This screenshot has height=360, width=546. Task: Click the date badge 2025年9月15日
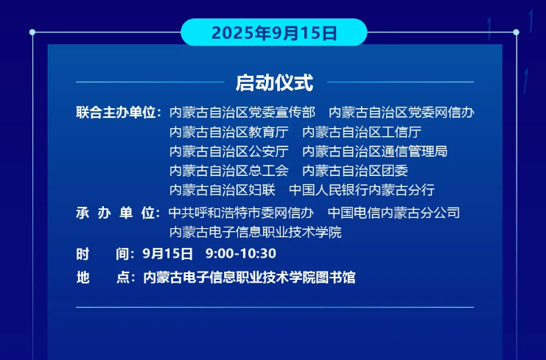coord(274,32)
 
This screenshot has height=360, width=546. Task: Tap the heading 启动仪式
coord(274,82)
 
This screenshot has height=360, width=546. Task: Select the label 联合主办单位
coord(116,113)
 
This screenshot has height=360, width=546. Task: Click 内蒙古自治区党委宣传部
coord(242,113)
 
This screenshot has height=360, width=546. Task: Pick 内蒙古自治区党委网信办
coord(402,113)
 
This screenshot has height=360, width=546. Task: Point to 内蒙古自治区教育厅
coord(229,133)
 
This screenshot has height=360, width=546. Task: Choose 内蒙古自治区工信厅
coord(362,133)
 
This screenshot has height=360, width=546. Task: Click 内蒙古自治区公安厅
coord(229,152)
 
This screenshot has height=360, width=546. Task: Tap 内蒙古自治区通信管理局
coord(375,152)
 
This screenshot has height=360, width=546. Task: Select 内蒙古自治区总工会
coord(229,171)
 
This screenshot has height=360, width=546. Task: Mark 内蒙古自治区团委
coord(355,171)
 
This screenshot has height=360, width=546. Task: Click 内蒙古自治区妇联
coord(223,190)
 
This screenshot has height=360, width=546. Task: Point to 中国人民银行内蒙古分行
coord(362,190)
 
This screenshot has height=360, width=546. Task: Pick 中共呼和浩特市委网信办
coord(241,213)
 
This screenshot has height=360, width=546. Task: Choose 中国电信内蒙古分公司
coord(393,213)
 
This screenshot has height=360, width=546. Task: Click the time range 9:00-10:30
coord(241,253)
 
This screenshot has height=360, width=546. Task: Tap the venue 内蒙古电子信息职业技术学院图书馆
coord(249,278)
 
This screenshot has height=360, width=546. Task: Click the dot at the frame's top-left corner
coord(32,32)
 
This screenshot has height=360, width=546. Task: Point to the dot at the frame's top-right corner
coord(516,32)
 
